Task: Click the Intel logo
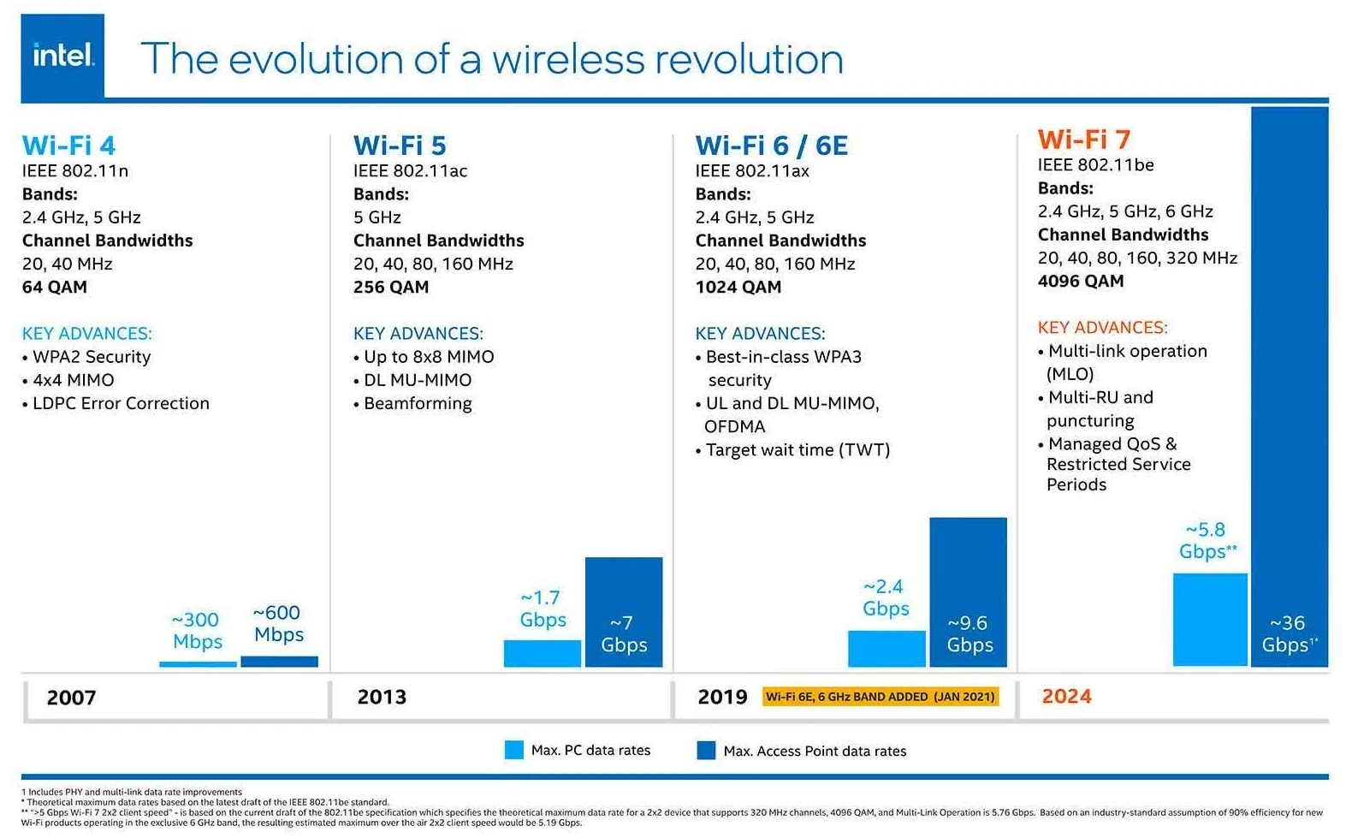coord(62,56)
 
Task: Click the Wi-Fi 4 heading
coord(68,146)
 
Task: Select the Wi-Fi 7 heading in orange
coord(1083,140)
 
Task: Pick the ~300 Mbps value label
coord(197,631)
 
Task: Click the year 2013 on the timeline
coord(382,697)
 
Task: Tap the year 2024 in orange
coord(1066,696)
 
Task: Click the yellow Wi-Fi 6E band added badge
coord(880,697)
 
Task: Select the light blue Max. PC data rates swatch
coord(513,750)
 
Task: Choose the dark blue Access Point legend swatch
coord(706,751)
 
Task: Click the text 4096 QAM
coord(1080,281)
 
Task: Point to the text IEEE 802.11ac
coord(410,170)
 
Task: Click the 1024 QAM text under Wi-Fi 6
coord(738,287)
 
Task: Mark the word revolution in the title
coord(749,59)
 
